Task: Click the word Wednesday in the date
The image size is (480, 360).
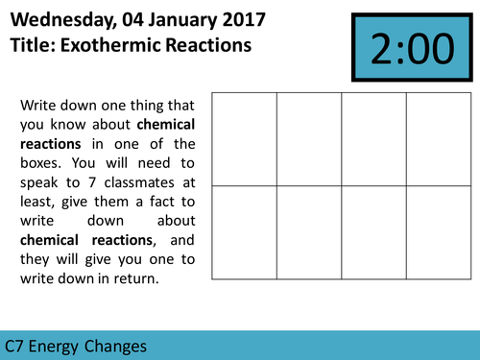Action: coord(60,18)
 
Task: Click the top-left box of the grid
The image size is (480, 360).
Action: coord(244,139)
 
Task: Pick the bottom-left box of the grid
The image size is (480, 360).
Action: coord(244,232)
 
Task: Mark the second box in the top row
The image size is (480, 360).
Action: coord(309,139)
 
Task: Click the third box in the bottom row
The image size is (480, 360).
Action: coord(374,232)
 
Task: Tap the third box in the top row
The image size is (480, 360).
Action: coord(374,139)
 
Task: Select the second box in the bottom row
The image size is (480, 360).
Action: coord(309,232)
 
